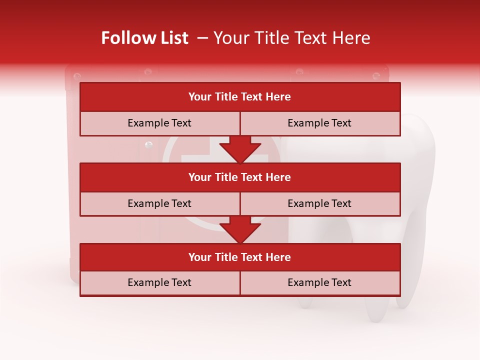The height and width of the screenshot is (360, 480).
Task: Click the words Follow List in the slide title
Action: tap(144, 38)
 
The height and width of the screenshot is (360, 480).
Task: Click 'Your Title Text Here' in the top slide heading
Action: tap(291, 38)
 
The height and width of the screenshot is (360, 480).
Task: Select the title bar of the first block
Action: tap(239, 97)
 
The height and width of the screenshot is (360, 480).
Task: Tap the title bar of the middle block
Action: tap(239, 177)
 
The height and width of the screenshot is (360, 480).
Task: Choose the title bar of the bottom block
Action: tap(239, 257)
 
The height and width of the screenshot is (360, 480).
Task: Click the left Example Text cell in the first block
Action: tap(159, 123)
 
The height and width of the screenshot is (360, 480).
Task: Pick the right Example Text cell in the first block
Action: tap(319, 123)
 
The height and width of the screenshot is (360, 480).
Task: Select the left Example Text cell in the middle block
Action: tap(159, 203)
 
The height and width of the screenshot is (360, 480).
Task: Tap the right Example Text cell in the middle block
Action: tap(319, 203)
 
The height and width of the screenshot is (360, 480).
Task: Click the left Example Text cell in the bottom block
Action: tap(159, 282)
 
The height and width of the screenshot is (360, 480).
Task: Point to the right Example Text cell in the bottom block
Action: tap(319, 282)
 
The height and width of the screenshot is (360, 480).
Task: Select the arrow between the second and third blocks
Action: tap(240, 229)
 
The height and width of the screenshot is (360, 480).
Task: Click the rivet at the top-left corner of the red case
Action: tap(77, 76)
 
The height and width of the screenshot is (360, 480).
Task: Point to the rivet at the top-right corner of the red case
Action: tap(376, 76)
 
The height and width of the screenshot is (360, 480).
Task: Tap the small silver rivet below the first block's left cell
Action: tap(148, 145)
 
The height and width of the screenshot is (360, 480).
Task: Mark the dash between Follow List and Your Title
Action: tap(202, 38)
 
